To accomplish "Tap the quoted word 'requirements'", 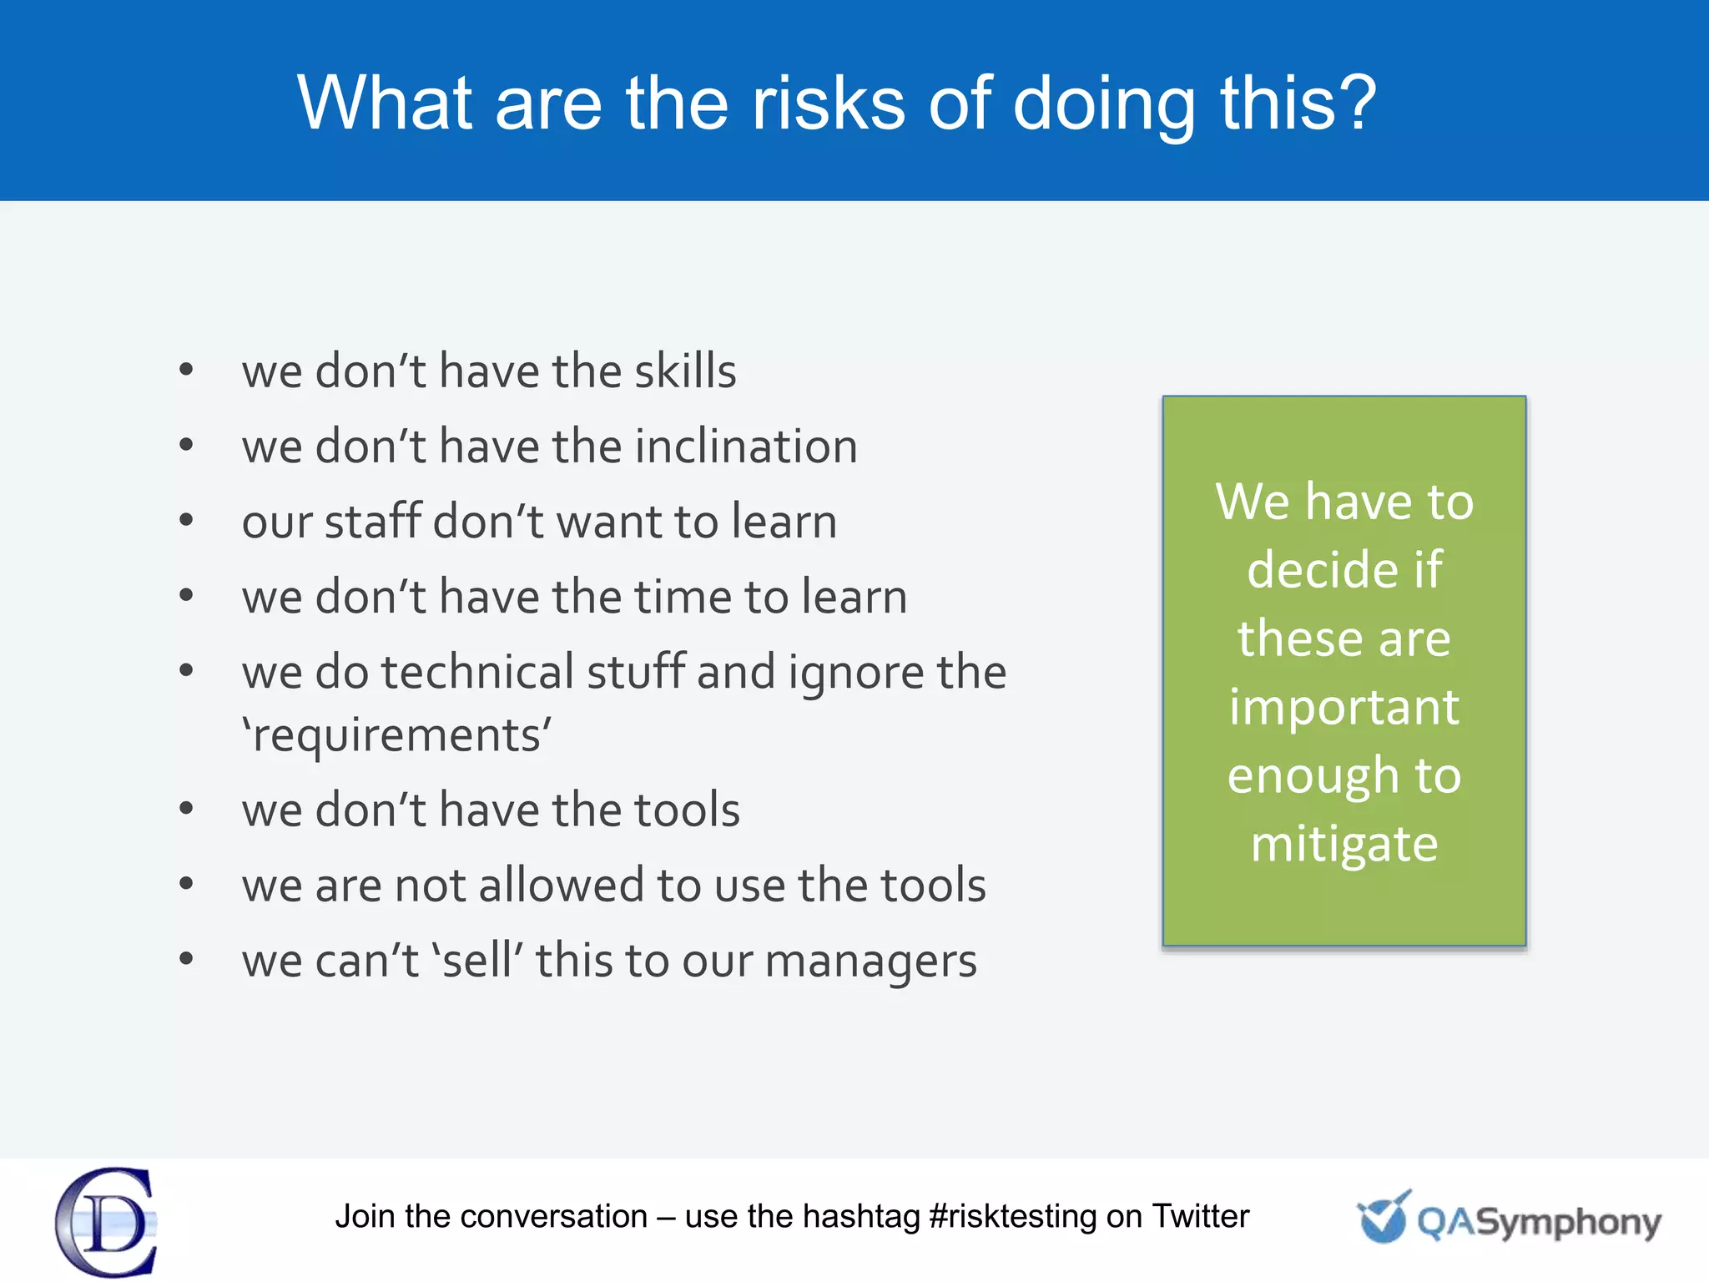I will pos(397,736).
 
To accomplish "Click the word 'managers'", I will pos(870,961).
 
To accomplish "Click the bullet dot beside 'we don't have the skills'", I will pos(186,369).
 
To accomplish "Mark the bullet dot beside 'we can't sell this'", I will pos(186,959).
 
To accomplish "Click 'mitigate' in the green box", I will pos(1344,844).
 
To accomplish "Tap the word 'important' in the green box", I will pos(1344,707).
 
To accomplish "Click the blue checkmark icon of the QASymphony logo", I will pos(1384,1218).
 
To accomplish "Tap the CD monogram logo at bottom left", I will pos(107,1222).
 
